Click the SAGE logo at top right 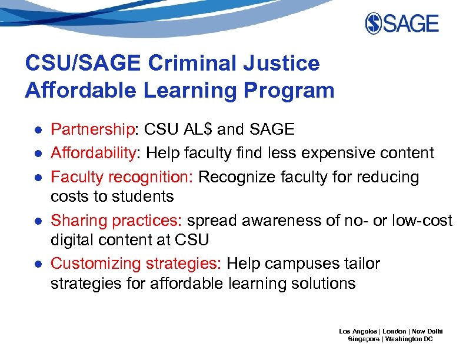click(402, 24)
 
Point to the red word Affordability click(93, 154)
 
